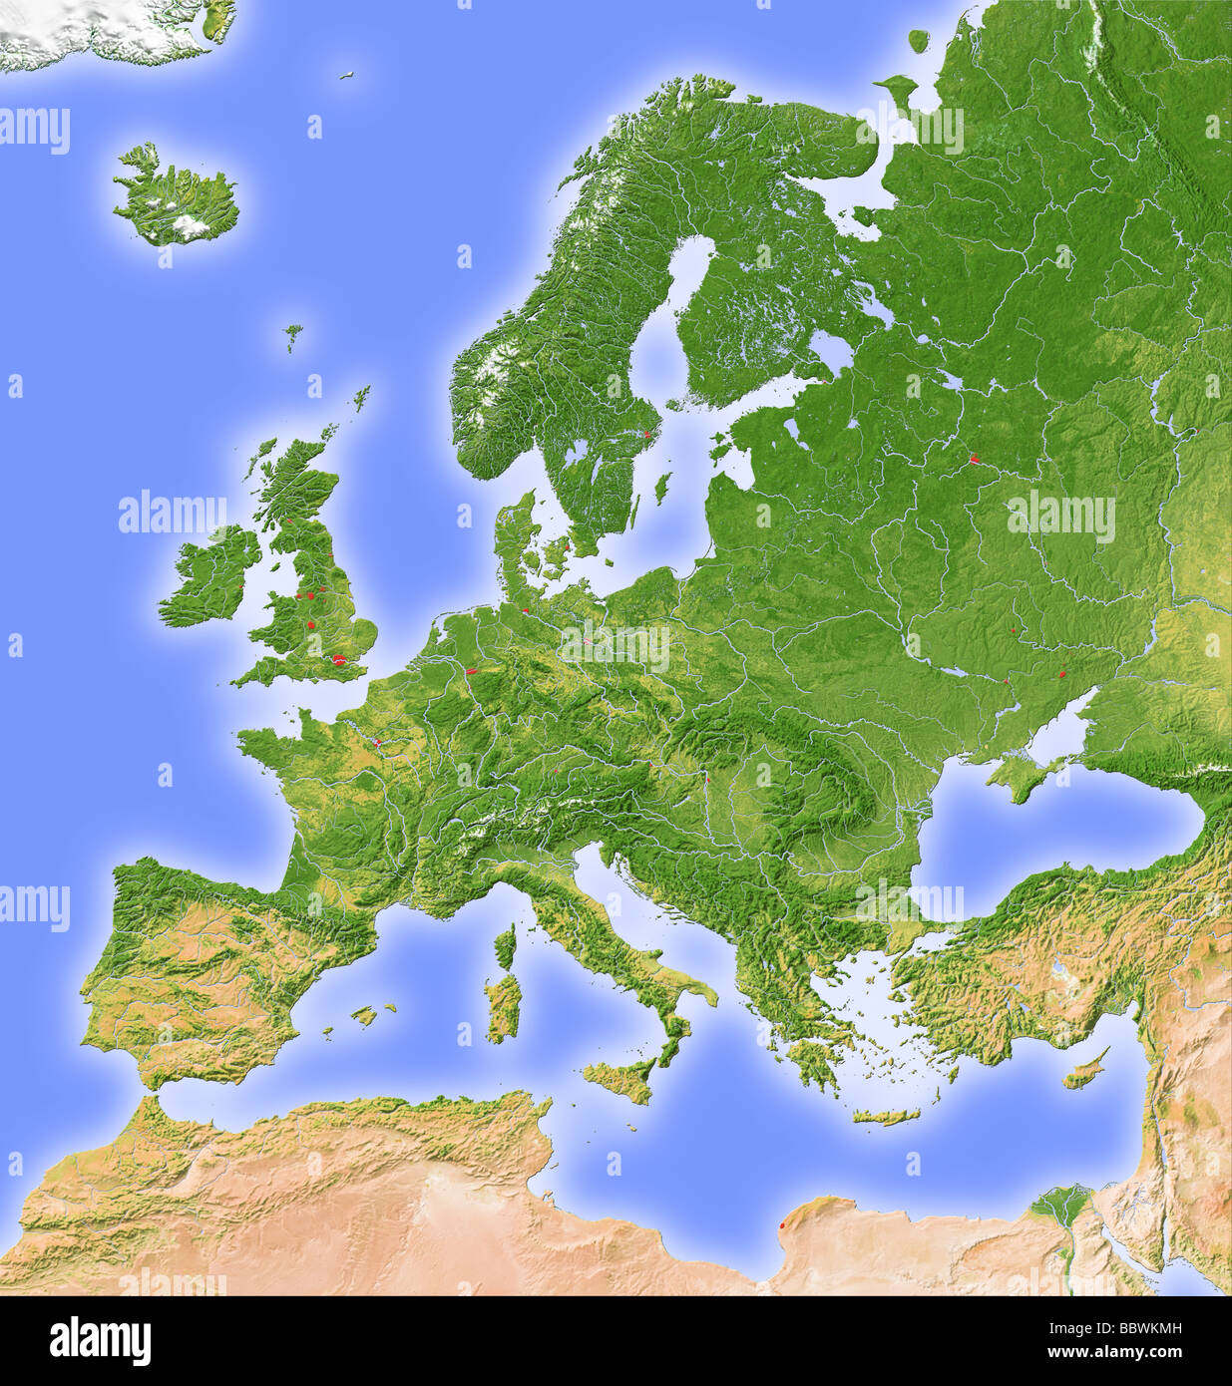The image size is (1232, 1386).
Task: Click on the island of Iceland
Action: pyautogui.click(x=175, y=199)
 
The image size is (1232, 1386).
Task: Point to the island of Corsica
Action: pyautogui.click(x=506, y=945)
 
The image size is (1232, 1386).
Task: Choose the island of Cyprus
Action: pyautogui.click(x=1081, y=1070)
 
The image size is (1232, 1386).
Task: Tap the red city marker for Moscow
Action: pyautogui.click(x=975, y=461)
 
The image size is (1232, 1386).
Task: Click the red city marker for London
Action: pyautogui.click(x=341, y=659)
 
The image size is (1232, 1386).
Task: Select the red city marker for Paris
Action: pyautogui.click(x=378, y=742)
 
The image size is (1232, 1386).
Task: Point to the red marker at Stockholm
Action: pyautogui.click(x=646, y=435)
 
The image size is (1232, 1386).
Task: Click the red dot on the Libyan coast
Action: pyautogui.click(x=782, y=1225)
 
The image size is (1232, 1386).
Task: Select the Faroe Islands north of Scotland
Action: pyautogui.click(x=292, y=334)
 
